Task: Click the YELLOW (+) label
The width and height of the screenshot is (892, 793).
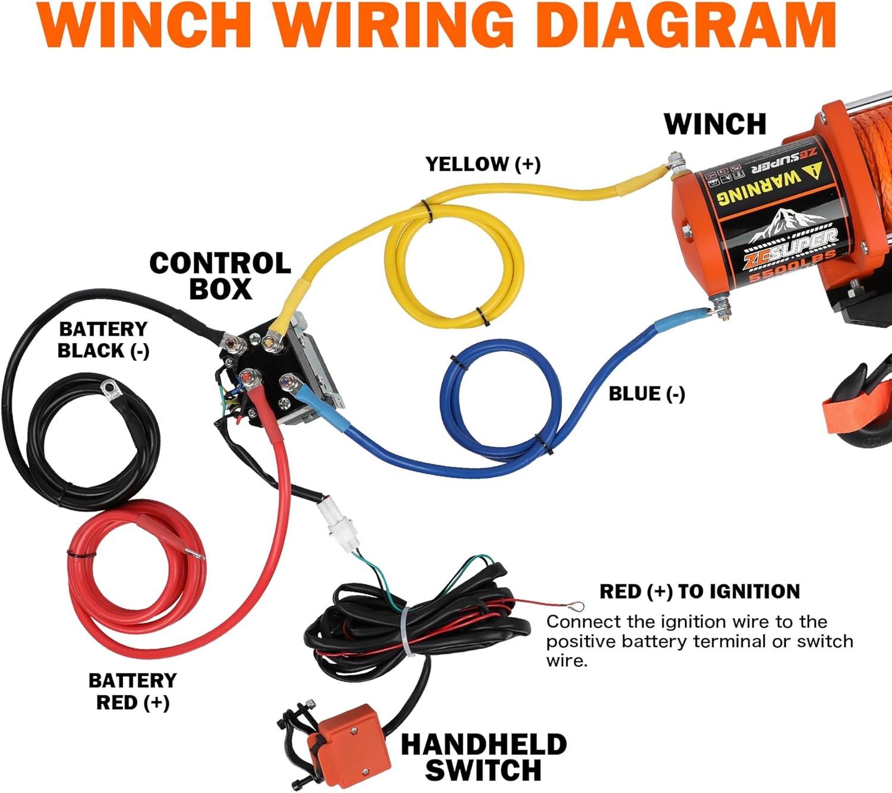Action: [x=483, y=164]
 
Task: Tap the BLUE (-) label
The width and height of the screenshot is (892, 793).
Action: [x=646, y=394]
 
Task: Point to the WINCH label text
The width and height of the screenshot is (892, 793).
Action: [x=715, y=124]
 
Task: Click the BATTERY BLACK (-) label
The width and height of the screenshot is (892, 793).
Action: [x=103, y=340]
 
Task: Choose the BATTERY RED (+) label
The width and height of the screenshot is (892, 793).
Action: [x=133, y=691]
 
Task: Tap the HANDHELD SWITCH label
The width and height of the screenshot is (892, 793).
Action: [x=483, y=757]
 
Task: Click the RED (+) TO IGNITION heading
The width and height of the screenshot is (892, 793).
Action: [x=699, y=591]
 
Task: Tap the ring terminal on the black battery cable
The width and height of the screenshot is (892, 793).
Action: [x=111, y=389]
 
